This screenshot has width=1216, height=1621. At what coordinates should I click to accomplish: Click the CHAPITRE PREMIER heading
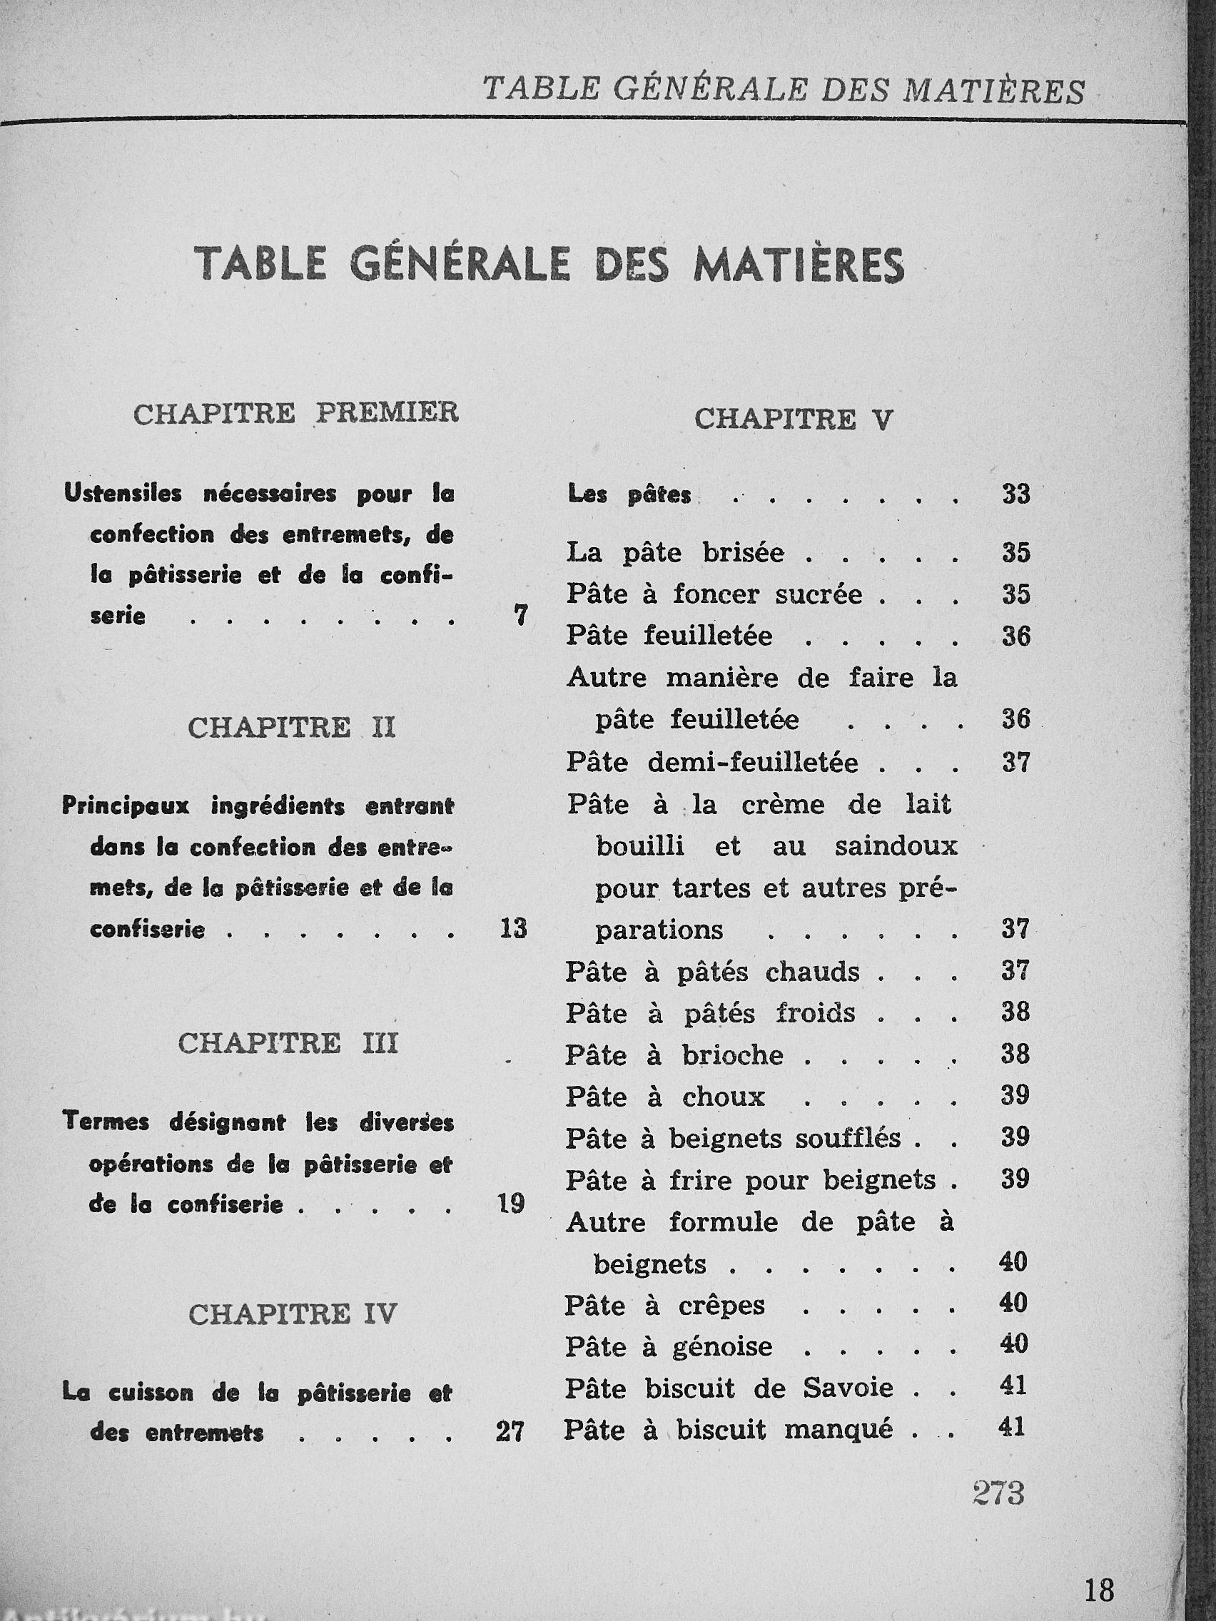coord(295,413)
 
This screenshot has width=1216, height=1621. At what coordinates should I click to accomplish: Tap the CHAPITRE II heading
coord(292,728)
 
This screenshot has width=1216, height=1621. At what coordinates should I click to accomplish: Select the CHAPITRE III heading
coord(288,1043)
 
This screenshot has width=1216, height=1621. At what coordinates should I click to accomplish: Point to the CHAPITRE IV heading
coord(293,1314)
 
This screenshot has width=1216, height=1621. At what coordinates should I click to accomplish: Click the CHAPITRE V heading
coord(794,420)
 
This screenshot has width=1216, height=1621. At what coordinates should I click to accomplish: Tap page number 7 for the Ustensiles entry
coord(520,616)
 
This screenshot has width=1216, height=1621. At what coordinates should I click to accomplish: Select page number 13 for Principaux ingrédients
coord(512,929)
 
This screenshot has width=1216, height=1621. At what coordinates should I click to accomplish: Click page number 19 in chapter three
coord(511,1204)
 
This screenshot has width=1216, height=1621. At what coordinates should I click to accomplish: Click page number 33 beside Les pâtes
coord(1016,494)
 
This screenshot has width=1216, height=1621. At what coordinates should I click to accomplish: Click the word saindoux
coord(896,847)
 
